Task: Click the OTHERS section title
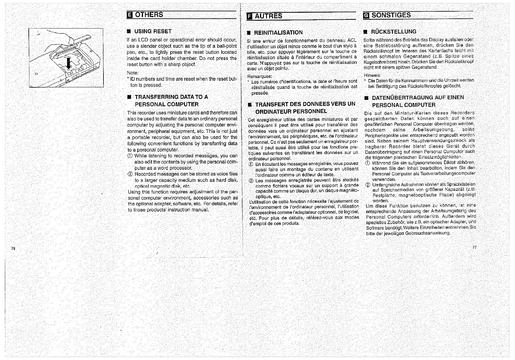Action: (149, 15)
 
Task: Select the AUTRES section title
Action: (269, 16)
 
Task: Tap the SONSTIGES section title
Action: (391, 15)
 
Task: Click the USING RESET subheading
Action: (153, 31)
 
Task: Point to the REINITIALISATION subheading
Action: (278, 32)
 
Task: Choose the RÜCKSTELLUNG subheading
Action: (394, 32)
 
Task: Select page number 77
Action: (475, 247)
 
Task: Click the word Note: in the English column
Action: (133, 73)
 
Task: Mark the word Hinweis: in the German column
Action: (373, 75)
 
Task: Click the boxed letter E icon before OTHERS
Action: (129, 15)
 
